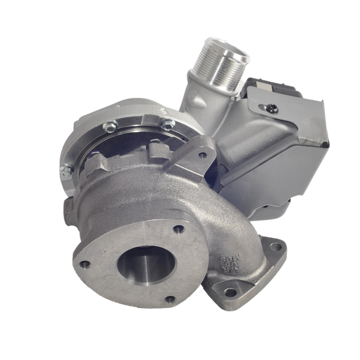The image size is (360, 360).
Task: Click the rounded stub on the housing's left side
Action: [x=67, y=210]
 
